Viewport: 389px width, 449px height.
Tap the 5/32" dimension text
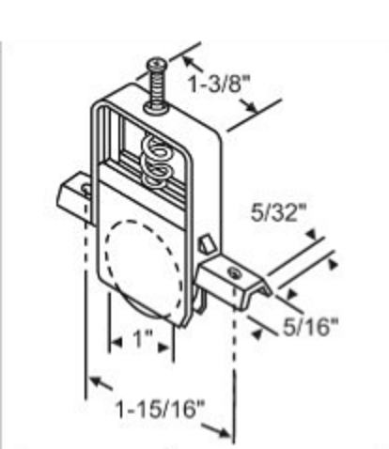pyautogui.click(x=278, y=213)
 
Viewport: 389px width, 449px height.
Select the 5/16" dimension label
pyautogui.click(x=311, y=327)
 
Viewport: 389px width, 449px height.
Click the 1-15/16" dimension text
pyautogui.click(x=160, y=409)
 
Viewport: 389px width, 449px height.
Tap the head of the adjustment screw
pyautogui.click(x=158, y=63)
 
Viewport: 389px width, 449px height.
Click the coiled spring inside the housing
pyautogui.click(x=157, y=163)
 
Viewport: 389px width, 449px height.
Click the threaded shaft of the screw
pyautogui.click(x=157, y=86)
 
